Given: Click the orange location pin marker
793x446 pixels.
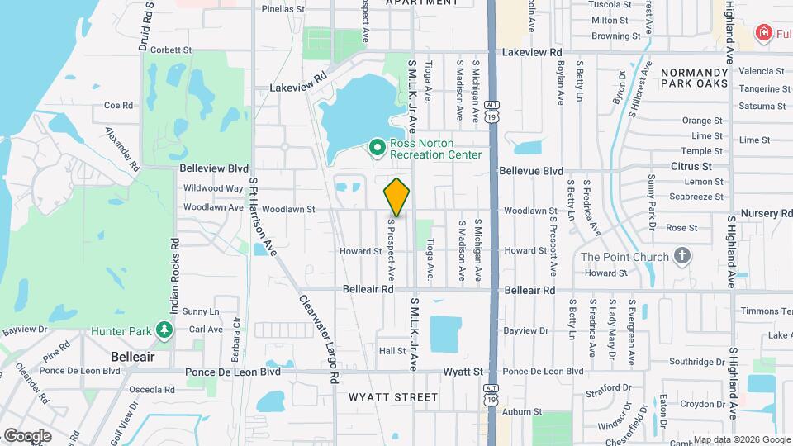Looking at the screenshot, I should (397, 197).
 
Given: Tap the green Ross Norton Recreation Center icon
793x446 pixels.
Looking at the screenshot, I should (378, 148).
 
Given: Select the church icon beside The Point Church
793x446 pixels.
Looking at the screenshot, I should (682, 256).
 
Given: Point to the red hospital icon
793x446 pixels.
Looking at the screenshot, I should (764, 32).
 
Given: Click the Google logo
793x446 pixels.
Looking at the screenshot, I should (26, 435).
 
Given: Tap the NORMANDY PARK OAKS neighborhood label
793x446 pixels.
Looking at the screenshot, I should (694, 78).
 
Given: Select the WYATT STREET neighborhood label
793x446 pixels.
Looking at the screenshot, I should (393, 397).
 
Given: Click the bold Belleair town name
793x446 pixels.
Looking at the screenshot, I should (133, 357).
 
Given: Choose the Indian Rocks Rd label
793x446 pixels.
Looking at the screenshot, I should (175, 272).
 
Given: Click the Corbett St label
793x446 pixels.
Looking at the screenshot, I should (171, 50).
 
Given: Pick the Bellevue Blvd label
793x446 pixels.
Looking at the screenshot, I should (530, 170).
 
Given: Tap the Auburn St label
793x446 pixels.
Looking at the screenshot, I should (525, 410).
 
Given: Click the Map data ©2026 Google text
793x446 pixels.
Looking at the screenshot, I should (740, 439).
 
